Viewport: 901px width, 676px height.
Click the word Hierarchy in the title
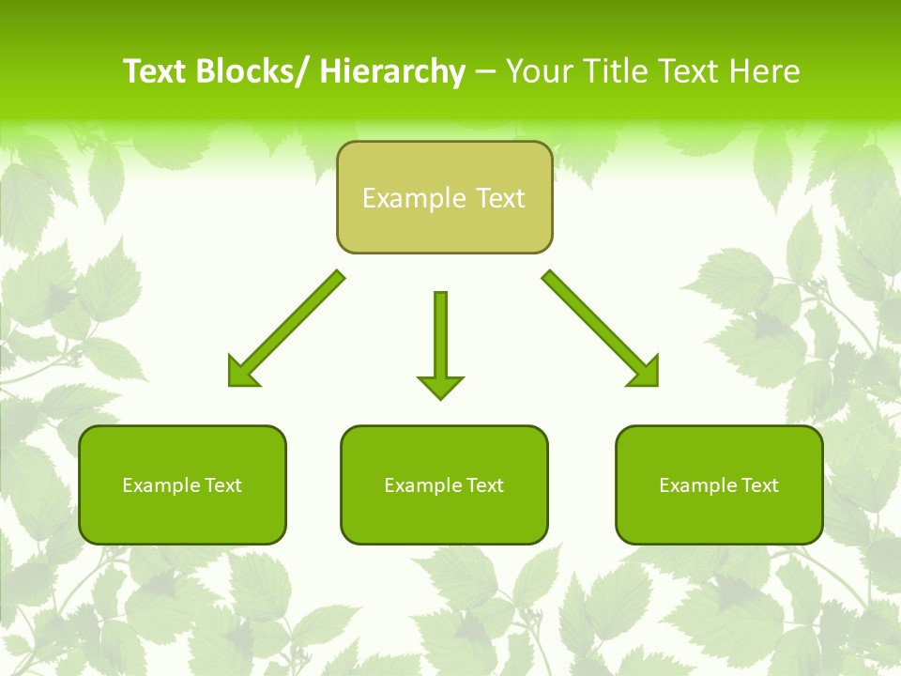tap(392, 71)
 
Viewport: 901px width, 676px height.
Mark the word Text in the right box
tap(758, 485)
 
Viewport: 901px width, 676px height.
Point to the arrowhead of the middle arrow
tap(440, 386)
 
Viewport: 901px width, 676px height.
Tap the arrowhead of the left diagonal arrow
tap(241, 373)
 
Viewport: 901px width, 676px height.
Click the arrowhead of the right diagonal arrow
tap(645, 372)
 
